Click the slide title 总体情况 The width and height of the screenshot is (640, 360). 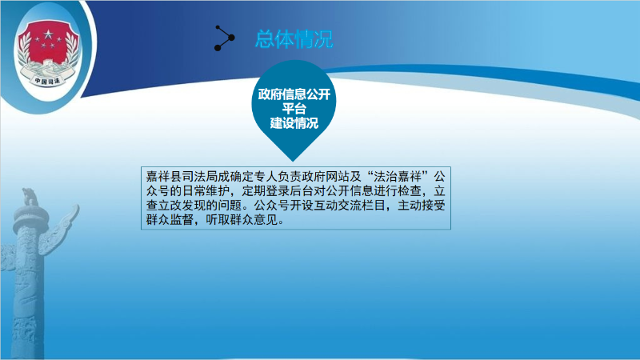pos(294,39)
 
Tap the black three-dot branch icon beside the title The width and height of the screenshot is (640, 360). pos(225,38)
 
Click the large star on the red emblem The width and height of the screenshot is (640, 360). pos(49,34)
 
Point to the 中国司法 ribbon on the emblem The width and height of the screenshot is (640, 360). pos(47,81)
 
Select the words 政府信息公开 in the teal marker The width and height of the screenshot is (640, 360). pos(294,94)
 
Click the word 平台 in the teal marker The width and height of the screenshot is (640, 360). pos(294,109)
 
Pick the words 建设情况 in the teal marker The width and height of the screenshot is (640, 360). pos(294,123)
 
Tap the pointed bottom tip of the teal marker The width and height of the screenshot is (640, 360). pos(293,162)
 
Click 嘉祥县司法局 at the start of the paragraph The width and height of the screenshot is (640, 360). pos(182,177)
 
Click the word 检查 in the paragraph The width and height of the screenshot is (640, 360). pos(409,191)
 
